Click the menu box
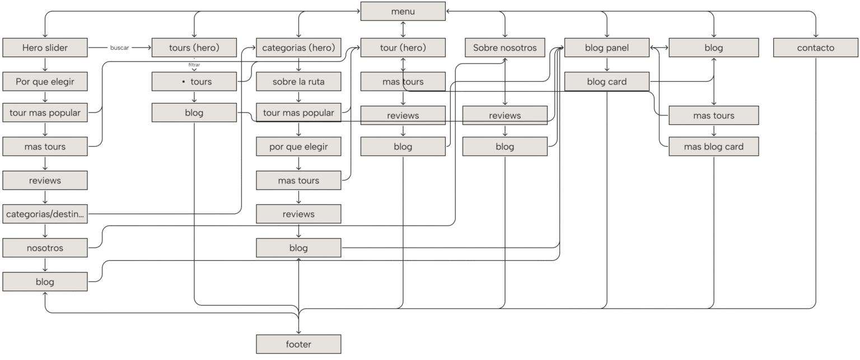(403, 11)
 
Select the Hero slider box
(45, 48)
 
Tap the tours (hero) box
(194, 48)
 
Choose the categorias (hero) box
(298, 48)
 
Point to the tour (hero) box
(403, 48)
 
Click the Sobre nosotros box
(504, 48)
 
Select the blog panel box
(606, 48)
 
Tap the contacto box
(815, 48)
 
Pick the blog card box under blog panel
(606, 82)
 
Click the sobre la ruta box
(298, 82)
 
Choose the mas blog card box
(713, 147)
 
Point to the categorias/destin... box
(45, 214)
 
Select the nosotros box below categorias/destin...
(45, 248)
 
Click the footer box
(298, 344)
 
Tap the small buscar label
(119, 48)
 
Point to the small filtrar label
(194, 65)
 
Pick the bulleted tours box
(194, 82)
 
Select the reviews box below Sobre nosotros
(504, 115)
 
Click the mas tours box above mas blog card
(713, 115)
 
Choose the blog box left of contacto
(713, 48)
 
